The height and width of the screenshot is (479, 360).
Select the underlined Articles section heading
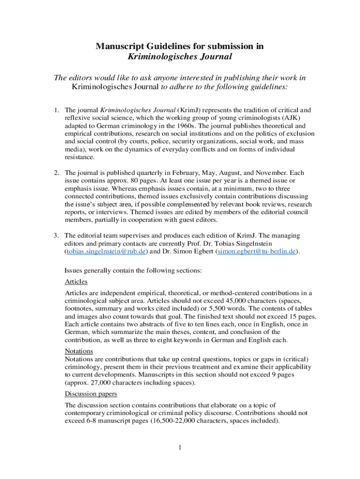(76, 282)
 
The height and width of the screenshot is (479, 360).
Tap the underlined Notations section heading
(79, 351)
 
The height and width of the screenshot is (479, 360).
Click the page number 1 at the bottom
(180, 448)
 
